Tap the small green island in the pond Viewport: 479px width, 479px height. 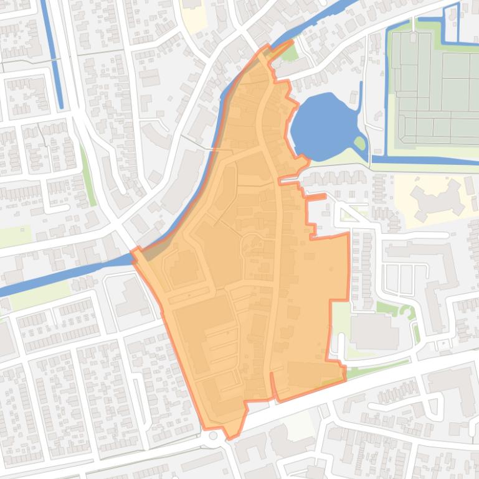coord(359,144)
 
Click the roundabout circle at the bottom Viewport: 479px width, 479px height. coord(214,435)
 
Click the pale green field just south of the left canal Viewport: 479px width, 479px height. coord(37,295)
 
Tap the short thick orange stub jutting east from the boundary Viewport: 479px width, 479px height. coord(316,197)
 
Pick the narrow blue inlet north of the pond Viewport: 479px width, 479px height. coord(359,93)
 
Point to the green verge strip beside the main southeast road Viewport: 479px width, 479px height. coord(374,368)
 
